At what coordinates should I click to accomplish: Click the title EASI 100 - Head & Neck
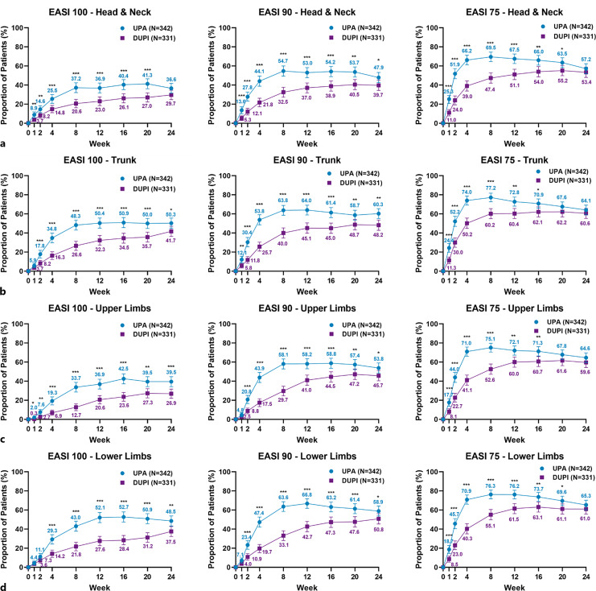pyautogui.click(x=101, y=8)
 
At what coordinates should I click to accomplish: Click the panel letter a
pyautogui.click(x=4, y=144)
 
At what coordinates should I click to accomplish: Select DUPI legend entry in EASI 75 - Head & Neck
pyautogui.click(x=557, y=36)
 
